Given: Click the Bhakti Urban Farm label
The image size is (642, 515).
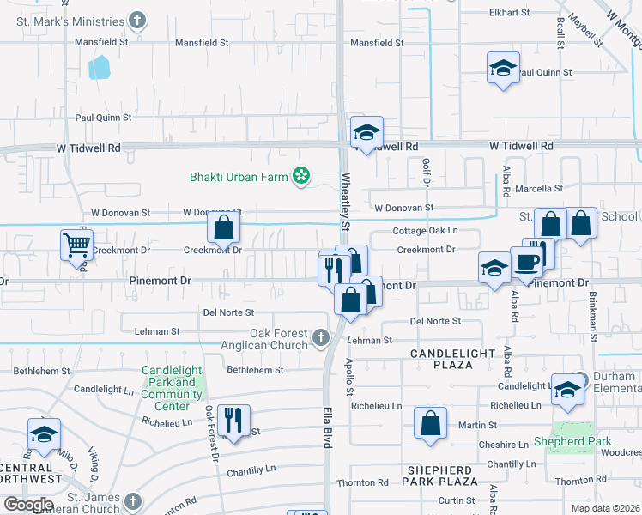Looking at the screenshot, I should (x=239, y=177).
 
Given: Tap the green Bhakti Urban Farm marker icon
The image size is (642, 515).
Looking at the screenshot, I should (x=300, y=177).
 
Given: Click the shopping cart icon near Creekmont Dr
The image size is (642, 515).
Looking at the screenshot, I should (x=76, y=245).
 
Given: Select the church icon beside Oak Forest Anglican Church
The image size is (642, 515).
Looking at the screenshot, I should (x=321, y=337).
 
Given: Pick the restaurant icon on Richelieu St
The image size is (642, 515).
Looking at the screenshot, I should (x=233, y=420).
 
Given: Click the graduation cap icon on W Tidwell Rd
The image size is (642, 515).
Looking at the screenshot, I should (x=366, y=132).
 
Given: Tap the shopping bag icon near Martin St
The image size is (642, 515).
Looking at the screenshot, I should (x=431, y=423).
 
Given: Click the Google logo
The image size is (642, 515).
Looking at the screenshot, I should (x=27, y=505).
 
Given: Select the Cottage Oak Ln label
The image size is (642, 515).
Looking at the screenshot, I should (x=425, y=231).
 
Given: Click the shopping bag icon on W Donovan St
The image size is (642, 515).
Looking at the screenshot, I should (x=223, y=229).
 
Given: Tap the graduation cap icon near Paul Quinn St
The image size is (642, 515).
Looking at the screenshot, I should (x=504, y=68).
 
